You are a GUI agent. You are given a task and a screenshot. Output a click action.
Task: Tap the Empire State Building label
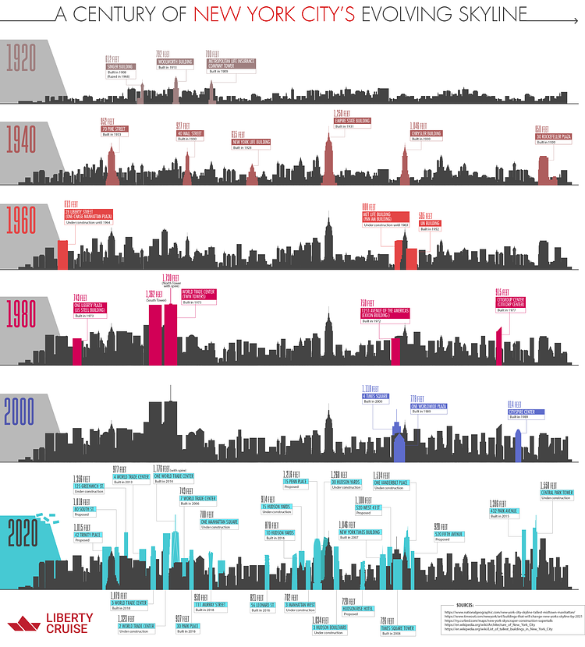tap(352, 121)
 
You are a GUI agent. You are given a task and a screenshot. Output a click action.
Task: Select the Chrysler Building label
tap(426, 133)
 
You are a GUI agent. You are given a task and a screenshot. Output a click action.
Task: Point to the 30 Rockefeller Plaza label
tap(555, 136)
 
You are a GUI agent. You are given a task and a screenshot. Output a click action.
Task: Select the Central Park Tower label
tap(557, 493)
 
